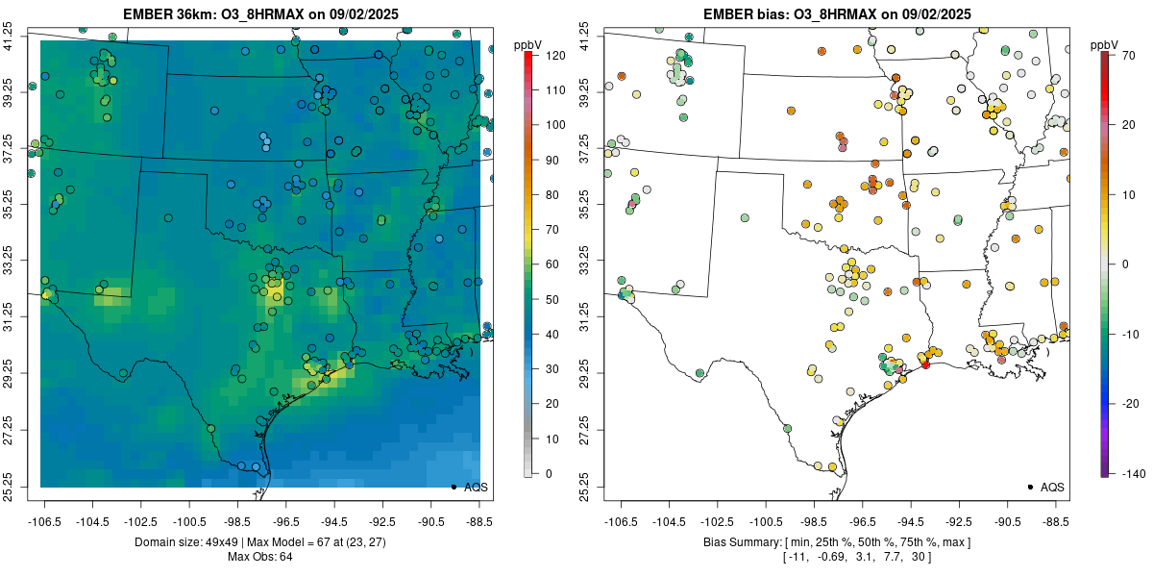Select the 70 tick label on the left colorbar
tap(552, 229)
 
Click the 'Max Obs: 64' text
tap(260, 557)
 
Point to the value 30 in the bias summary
tap(917, 557)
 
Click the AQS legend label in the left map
tap(477, 488)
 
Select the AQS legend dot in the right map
tap(1029, 488)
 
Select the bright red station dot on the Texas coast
tap(925, 364)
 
